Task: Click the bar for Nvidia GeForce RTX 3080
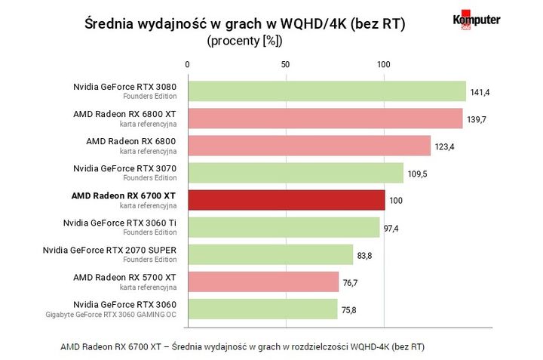pos(326,91)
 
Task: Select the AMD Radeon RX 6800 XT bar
pos(324,118)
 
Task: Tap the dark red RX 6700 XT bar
pos(286,200)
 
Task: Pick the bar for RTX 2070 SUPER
pos(270,254)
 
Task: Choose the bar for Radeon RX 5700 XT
pos(262,282)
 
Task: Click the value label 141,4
pos(481,92)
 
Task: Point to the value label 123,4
pos(445,146)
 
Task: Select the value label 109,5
pos(418,174)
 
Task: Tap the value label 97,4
pos(391,228)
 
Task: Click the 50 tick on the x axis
pos(285,65)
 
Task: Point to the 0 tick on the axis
pos(187,65)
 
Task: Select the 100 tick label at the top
pos(384,65)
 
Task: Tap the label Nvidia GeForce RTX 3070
pos(125,168)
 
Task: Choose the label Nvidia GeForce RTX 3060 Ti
pos(120,223)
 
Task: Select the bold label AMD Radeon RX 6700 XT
pos(124,195)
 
